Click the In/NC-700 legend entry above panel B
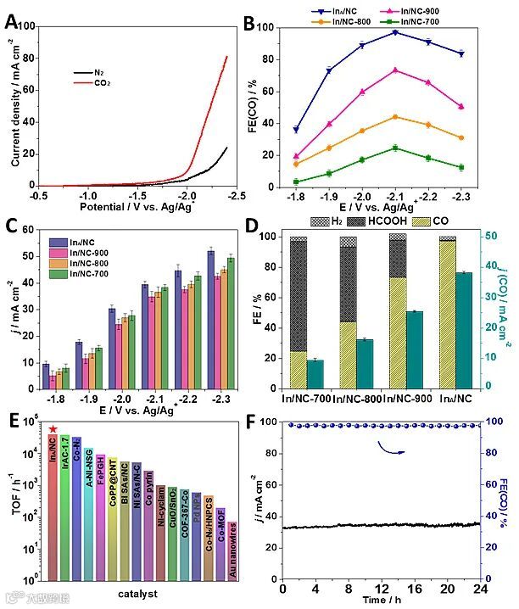point(432,21)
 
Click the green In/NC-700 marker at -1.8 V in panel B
point(296,182)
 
